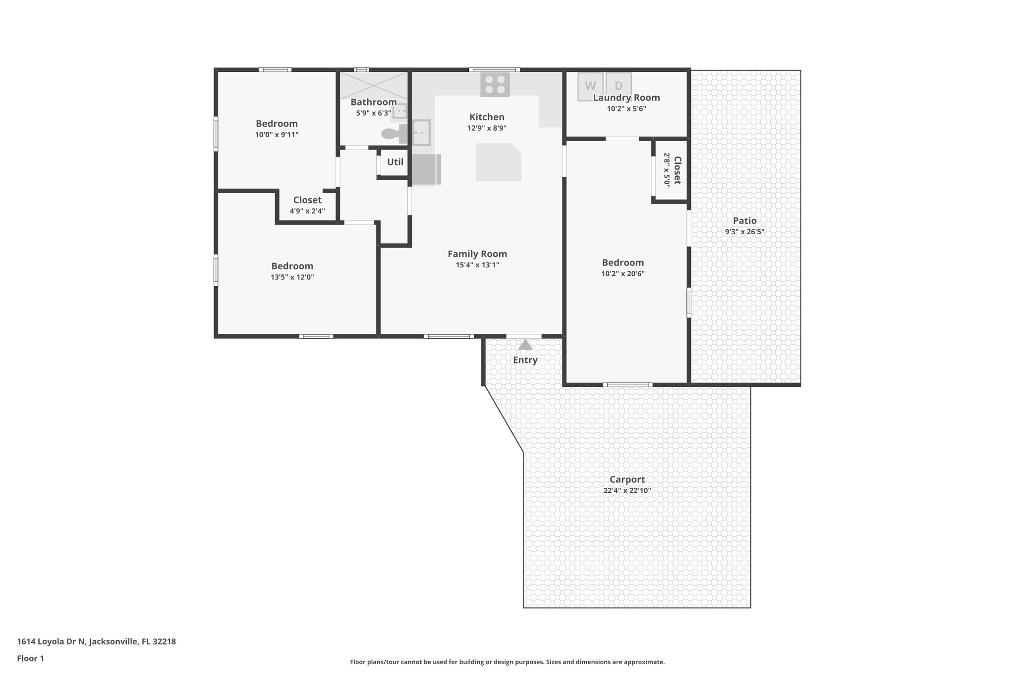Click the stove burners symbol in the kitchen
coord(495,84)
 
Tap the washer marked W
coord(590,86)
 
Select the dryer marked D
coord(619,86)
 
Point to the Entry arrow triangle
coord(525,345)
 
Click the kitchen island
coord(498,162)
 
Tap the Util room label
coord(395,162)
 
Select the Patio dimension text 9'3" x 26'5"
coord(744,232)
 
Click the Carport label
coord(627,479)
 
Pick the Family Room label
coord(477,254)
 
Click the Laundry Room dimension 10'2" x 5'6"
coord(626,109)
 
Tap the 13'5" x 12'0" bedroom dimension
coord(292,277)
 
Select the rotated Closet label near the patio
coord(677,170)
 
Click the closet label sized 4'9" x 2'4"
coord(307,200)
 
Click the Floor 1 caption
coord(30,659)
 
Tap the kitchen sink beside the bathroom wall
coord(421,132)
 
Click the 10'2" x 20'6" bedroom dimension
coord(623,274)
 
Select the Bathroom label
coord(374,102)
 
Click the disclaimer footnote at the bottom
coord(507,662)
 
